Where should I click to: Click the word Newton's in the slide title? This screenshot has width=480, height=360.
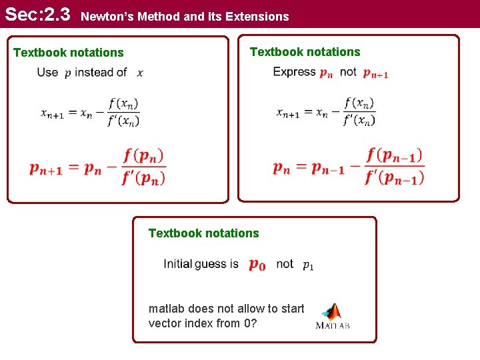click(105, 16)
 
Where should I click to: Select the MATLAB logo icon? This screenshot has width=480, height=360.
click(332, 316)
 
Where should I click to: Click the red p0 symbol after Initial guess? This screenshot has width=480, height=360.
click(257, 265)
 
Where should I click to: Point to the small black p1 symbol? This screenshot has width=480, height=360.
click(308, 265)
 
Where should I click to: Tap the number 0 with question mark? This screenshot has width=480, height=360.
click(247, 323)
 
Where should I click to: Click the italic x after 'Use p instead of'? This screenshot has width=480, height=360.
click(140, 72)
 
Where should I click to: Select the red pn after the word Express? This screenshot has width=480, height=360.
click(326, 73)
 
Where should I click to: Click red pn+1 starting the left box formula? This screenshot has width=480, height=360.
click(46, 169)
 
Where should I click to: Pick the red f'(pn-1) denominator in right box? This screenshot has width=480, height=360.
click(394, 177)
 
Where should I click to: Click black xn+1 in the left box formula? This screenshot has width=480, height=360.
click(52, 114)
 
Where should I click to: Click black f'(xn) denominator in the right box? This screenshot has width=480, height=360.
click(359, 121)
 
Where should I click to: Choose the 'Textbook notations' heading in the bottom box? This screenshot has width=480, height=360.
click(203, 233)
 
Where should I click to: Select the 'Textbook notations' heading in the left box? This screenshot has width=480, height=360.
click(69, 53)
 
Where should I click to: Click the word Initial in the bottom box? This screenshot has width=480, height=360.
click(177, 264)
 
